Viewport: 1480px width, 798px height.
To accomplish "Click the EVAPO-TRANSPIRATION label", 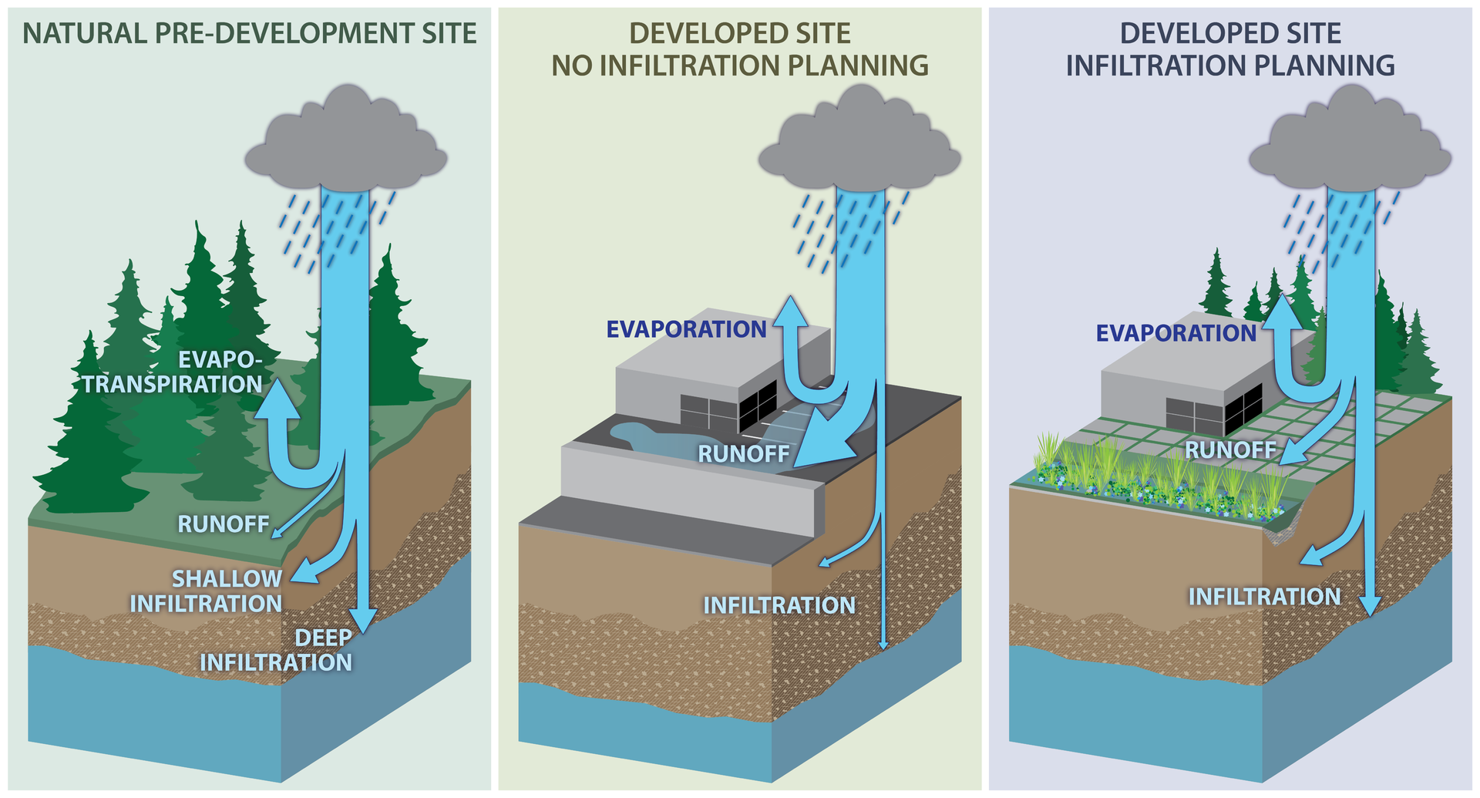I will point(174,372).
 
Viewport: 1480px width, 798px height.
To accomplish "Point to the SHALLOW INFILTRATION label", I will point(207,591).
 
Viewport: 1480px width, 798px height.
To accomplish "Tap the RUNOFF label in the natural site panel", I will point(224,524).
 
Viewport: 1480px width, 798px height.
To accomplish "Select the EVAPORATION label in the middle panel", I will point(686,329).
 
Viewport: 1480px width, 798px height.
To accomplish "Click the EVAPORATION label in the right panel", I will point(1176,333).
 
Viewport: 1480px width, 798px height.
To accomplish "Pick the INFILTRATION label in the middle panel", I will point(779,605).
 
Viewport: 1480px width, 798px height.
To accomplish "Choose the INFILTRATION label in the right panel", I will point(1264,597).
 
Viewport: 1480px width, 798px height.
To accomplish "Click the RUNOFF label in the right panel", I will point(1230,450).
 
